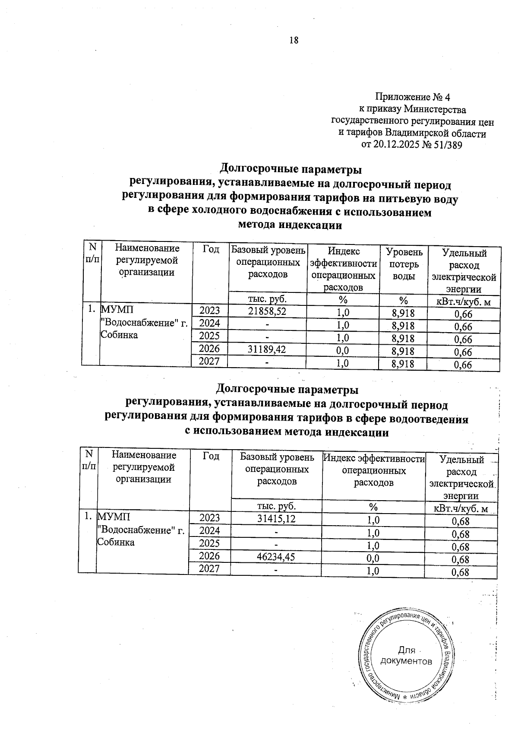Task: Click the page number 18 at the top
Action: pyautogui.click(x=293, y=41)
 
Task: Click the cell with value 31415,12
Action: pyautogui.click(x=276, y=518)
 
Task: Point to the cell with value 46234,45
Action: pyautogui.click(x=276, y=557)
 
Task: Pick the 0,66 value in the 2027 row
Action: pyautogui.click(x=463, y=365)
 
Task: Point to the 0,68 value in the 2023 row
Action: pyautogui.click(x=460, y=521)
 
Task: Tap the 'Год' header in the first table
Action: pyautogui.click(x=211, y=249)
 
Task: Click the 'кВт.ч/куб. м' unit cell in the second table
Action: pyautogui.click(x=461, y=509)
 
